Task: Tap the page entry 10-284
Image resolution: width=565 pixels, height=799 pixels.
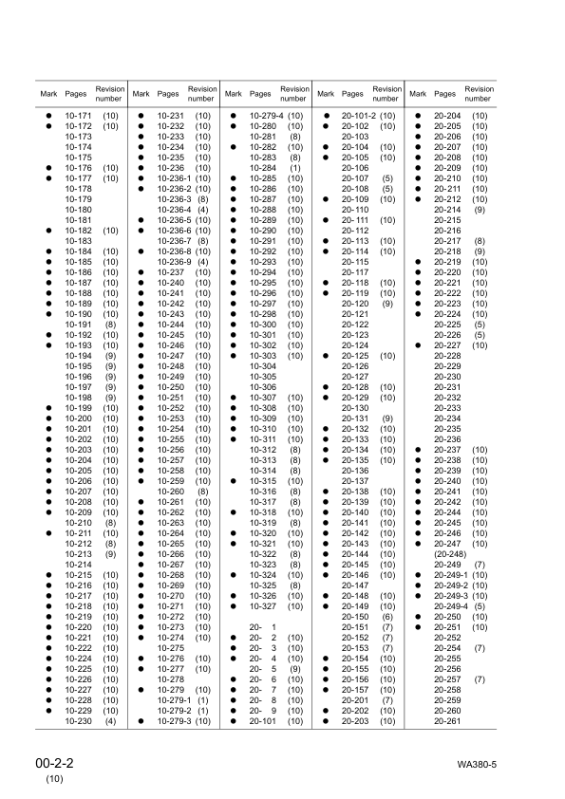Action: click(x=261, y=168)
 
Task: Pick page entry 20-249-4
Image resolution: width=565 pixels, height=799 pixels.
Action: click(x=452, y=606)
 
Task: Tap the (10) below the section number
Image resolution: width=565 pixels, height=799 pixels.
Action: click(x=54, y=779)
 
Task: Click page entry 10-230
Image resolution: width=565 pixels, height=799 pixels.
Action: click(x=77, y=721)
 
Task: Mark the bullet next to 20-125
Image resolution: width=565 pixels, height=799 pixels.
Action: click(x=326, y=356)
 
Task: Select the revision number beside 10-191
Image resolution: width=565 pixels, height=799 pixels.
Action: click(x=110, y=325)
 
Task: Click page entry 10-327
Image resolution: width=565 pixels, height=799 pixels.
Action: click(x=261, y=606)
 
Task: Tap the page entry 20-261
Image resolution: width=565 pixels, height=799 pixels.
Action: click(x=446, y=721)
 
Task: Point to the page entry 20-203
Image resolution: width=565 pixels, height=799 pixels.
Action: click(x=354, y=721)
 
